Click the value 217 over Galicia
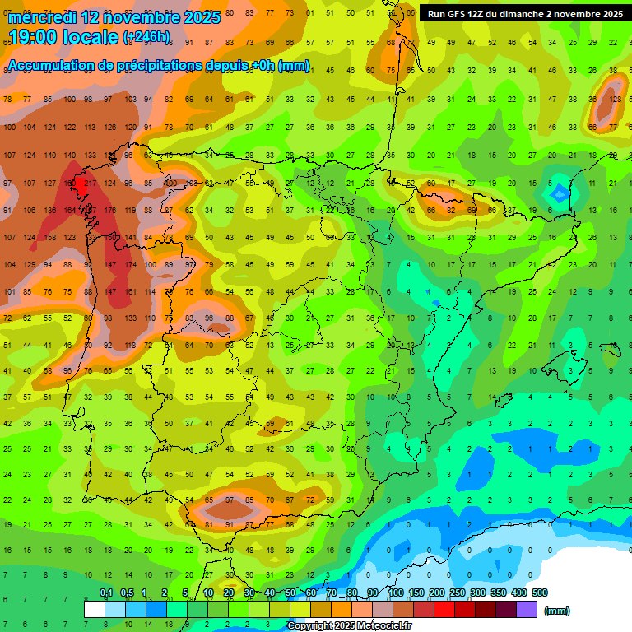pyautogui.click(x=90, y=183)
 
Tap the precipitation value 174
pyautogui.click(x=130, y=265)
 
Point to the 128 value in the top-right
pyautogui.click(x=615, y=100)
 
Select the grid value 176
pyautogui.click(x=110, y=210)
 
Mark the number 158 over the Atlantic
pyautogui.click(x=50, y=238)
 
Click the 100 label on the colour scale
pyautogui.click(x=396, y=592)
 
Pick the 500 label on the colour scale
pyautogui.click(x=539, y=592)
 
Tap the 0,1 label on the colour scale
pyautogui.click(x=105, y=592)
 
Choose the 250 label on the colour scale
pyautogui.click(x=457, y=592)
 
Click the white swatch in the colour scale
pyautogui.click(x=95, y=609)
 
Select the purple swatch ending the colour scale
pyautogui.click(x=527, y=609)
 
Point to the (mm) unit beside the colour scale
pyautogui.click(x=557, y=611)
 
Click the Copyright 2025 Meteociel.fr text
pyautogui.click(x=349, y=626)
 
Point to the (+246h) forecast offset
pyautogui.click(x=146, y=37)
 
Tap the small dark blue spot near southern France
pyautogui.click(x=560, y=193)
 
